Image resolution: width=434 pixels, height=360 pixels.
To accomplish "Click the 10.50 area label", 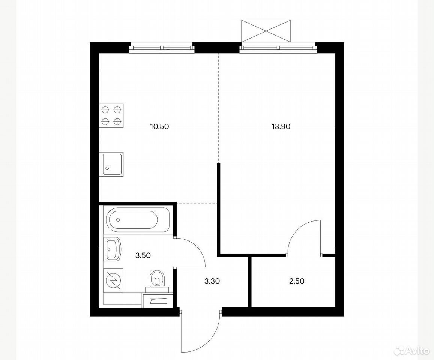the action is tap(159, 127).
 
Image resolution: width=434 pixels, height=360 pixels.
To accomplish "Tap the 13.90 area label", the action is tap(281, 127).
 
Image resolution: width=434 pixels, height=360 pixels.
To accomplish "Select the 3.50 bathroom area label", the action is tap(143, 255).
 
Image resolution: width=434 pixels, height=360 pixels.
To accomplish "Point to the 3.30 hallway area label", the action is tap(212, 281).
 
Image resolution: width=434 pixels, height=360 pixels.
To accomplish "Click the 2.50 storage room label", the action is tap(296, 281).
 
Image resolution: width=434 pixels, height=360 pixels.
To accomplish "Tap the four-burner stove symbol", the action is tap(111, 115).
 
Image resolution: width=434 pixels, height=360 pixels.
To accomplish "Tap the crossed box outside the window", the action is tap(266, 31).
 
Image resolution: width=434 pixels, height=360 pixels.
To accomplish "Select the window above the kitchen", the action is tap(162, 47).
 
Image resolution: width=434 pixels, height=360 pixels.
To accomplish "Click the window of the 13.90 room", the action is tap(278, 47).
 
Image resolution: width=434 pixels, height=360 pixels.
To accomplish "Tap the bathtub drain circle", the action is tap(118, 220).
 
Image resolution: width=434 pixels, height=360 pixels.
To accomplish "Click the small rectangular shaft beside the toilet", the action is tap(158, 300).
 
